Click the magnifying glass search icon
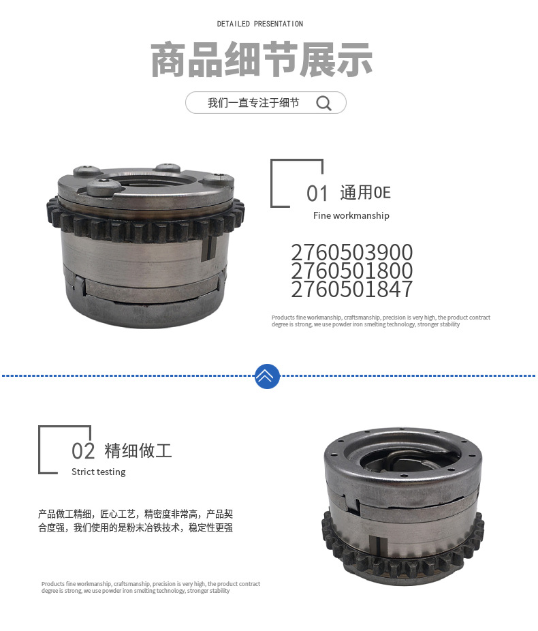(324, 103)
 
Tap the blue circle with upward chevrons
(267, 375)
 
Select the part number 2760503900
(351, 253)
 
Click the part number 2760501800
(351, 271)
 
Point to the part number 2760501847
(351, 290)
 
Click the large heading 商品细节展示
(262, 60)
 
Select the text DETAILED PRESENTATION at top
(260, 24)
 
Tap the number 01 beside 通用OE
(317, 194)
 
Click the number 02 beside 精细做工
(83, 451)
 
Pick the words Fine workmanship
(351, 215)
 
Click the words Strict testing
(98, 472)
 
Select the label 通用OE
(365, 193)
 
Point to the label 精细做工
(138, 450)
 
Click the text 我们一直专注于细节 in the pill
(253, 103)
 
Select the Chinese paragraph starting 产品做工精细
(136, 521)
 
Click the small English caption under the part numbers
(380, 321)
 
